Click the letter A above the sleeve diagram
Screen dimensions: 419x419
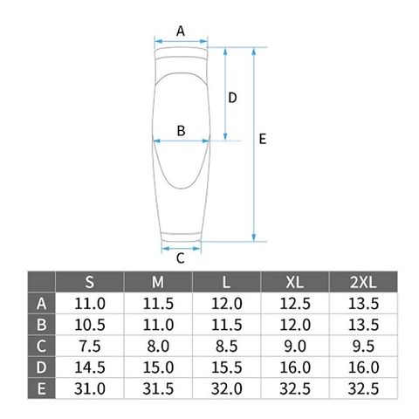181,31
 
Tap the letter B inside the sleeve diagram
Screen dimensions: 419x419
181,131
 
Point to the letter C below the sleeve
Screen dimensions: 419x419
181,258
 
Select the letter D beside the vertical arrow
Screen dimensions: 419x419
232,98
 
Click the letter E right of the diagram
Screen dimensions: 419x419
263,139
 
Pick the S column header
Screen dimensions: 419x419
90,282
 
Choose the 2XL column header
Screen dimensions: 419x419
363,282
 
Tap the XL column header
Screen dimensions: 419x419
295,282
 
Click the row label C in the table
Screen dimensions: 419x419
41,346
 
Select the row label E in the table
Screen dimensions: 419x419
41,388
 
